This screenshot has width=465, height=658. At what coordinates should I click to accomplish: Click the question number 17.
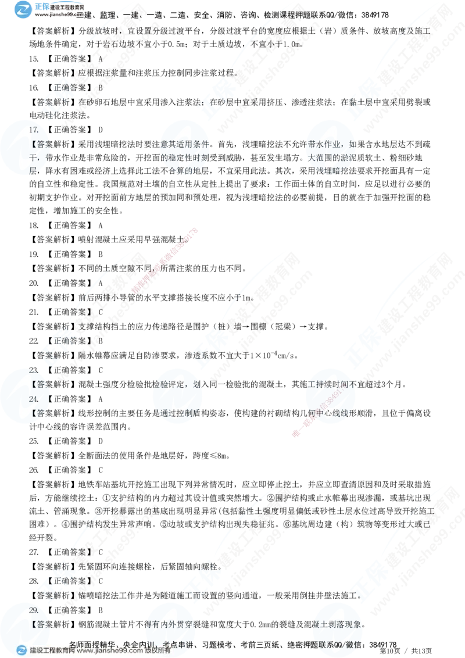tap(34, 130)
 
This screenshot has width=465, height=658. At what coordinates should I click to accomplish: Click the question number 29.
tap(34, 610)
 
